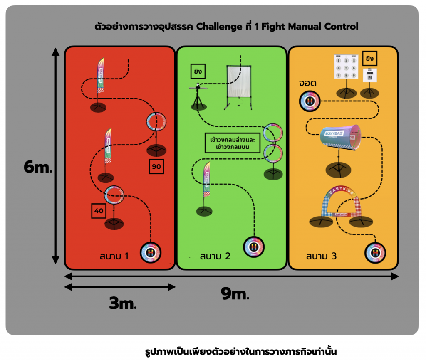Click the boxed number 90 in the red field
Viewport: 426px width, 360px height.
157,167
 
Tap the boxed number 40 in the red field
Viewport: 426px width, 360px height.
99,211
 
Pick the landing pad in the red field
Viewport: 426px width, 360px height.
151,252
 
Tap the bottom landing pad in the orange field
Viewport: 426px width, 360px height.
376,252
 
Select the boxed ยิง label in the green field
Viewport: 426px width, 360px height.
198,71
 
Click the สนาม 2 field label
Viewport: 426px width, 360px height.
215,256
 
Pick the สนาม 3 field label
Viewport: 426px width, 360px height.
321,256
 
